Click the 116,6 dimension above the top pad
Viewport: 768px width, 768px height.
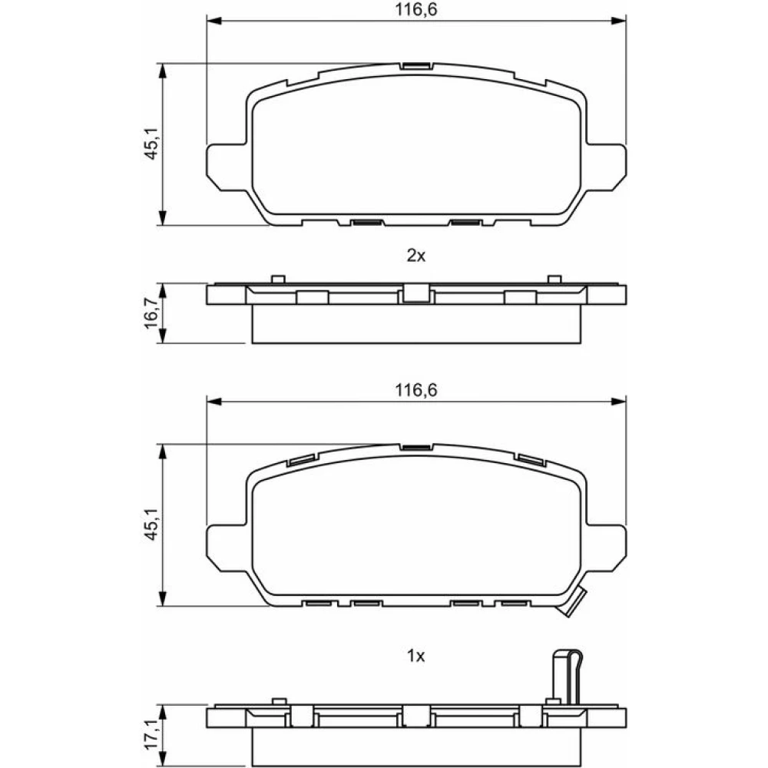point(415,9)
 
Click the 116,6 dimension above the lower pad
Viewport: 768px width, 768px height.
point(415,390)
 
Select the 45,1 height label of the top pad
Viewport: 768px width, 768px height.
point(151,144)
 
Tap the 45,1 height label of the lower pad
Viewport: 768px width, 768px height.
point(151,525)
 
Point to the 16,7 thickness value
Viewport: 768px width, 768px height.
point(151,313)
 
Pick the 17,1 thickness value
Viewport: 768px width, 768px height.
point(151,735)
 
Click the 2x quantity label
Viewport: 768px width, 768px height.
point(415,255)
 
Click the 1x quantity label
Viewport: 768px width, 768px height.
point(415,656)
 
